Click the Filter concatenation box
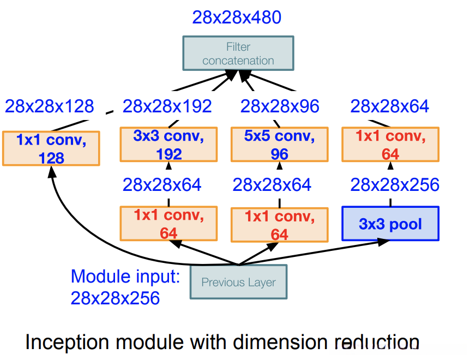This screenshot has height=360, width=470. click(x=238, y=53)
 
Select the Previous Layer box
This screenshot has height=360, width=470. click(x=238, y=283)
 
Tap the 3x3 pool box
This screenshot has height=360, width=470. click(x=390, y=223)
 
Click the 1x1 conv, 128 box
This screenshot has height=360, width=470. click(x=51, y=148)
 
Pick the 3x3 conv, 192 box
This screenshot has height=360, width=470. click(x=168, y=145)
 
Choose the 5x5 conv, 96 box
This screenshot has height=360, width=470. click(x=279, y=145)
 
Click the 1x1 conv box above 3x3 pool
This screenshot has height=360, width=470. click(x=390, y=145)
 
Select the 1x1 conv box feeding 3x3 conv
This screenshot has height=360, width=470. click(x=168, y=224)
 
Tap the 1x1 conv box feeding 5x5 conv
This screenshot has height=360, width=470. click(x=279, y=224)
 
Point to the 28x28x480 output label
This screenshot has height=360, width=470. click(x=237, y=17)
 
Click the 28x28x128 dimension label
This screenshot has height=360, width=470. click(x=50, y=106)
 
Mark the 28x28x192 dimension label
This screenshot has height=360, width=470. click(x=167, y=106)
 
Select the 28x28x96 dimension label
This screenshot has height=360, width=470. click(x=280, y=106)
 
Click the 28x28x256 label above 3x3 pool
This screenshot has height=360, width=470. click(x=395, y=185)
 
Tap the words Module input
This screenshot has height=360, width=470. click(x=125, y=277)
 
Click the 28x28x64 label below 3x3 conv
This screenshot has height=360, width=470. click(x=162, y=185)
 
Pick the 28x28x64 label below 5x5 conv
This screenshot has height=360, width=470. click(x=272, y=185)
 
